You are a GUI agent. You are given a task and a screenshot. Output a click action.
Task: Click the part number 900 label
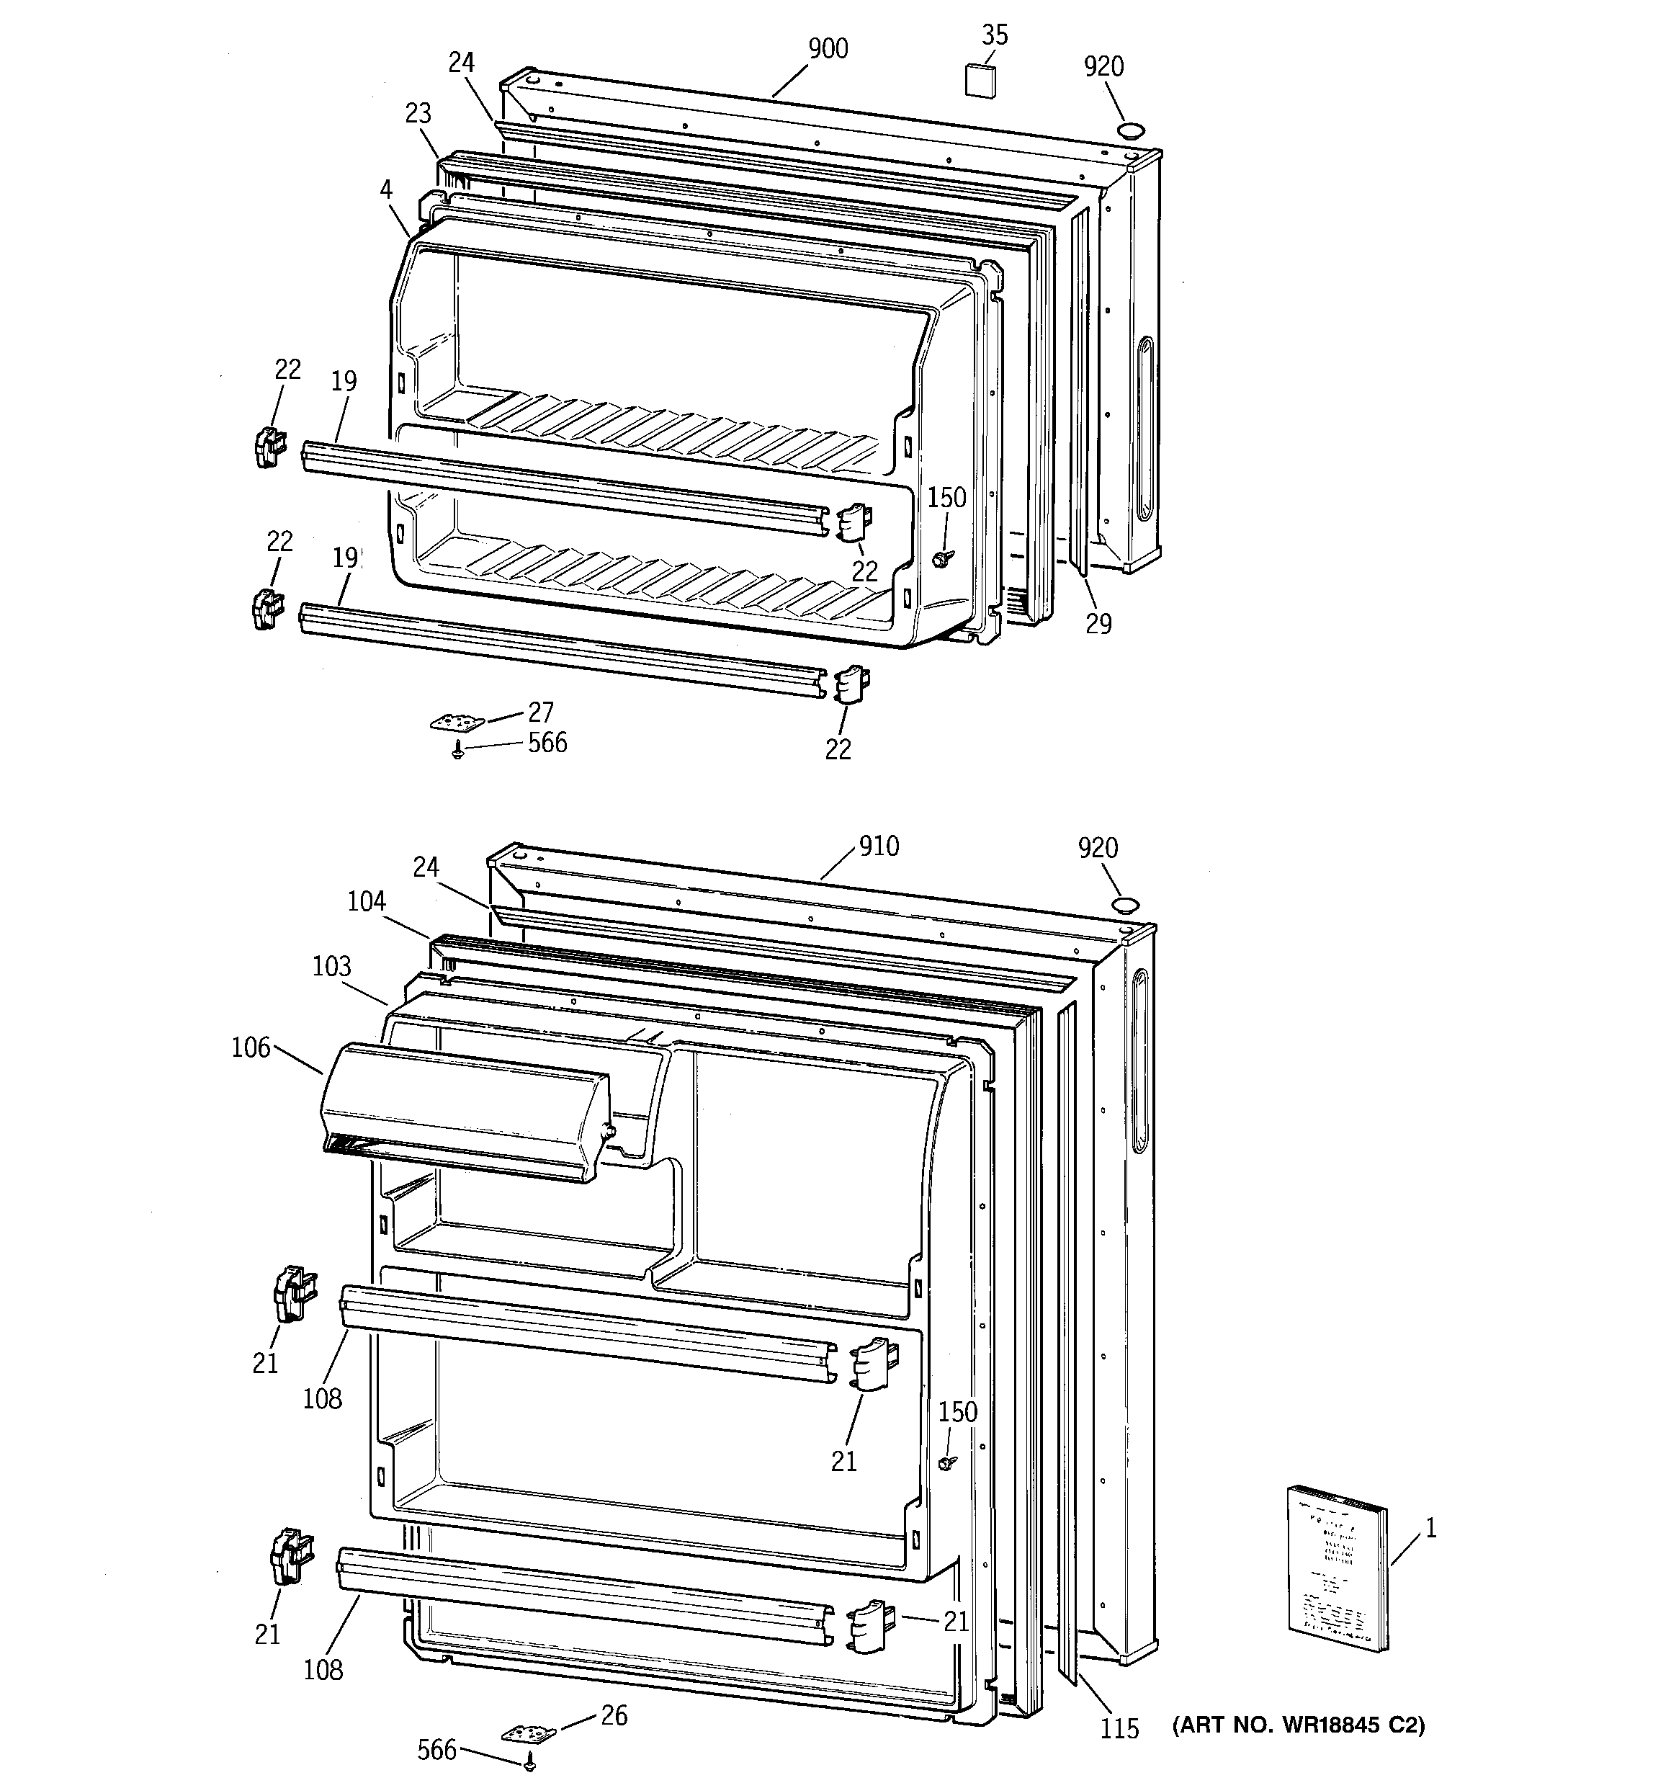pos(828,48)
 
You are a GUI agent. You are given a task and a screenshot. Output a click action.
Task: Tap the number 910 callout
pos(878,846)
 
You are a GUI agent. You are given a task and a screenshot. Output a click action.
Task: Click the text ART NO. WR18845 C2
pos(1298,1725)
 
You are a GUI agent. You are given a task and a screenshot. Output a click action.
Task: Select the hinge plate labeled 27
pos(457,720)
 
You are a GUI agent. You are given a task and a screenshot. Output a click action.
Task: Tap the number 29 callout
pos(1098,623)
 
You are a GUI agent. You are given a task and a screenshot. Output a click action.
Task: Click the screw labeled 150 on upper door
pos(939,558)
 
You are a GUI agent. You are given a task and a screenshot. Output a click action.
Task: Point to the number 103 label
pos(332,966)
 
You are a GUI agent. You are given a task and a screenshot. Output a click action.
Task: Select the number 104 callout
pos(367,901)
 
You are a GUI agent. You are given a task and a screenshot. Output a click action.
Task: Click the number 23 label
pos(418,113)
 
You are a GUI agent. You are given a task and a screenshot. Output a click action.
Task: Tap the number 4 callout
pos(385,189)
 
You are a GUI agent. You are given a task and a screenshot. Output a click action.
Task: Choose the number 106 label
pos(250,1047)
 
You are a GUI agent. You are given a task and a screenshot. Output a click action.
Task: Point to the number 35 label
pos(995,35)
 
